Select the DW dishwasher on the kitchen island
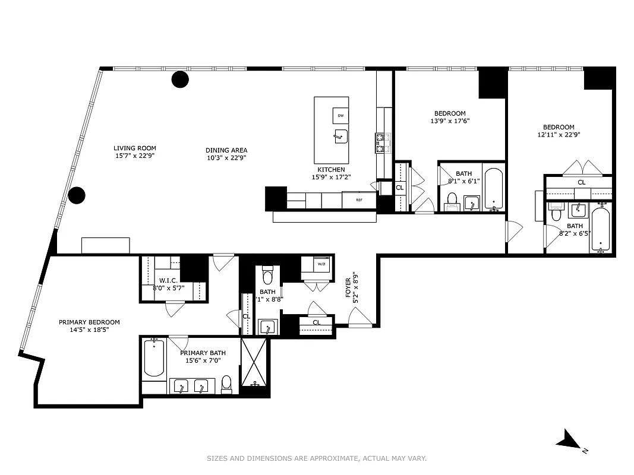coord(340,115)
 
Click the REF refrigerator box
coord(359,200)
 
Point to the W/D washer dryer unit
coord(321,264)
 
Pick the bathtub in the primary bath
coord(154,357)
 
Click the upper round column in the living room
coord(180,79)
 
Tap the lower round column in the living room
coord(77,195)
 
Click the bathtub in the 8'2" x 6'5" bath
coord(601,229)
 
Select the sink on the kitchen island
coord(340,137)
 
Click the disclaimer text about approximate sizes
coord(317,458)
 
